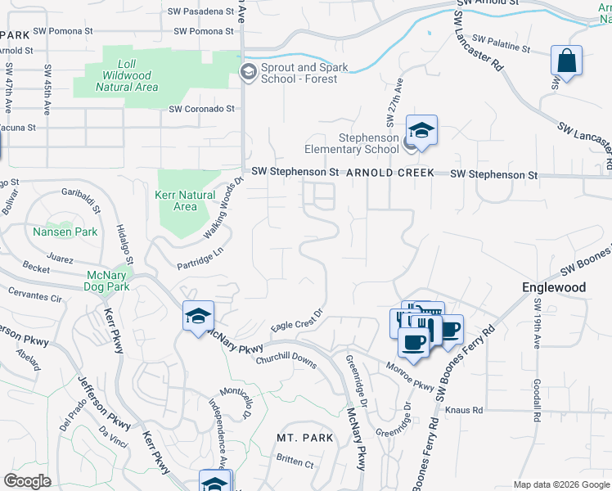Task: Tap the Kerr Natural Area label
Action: pyautogui.click(x=185, y=200)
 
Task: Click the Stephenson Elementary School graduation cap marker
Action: pyautogui.click(x=421, y=131)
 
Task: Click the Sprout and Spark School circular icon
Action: pyautogui.click(x=248, y=73)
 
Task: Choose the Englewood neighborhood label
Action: pyautogui.click(x=554, y=287)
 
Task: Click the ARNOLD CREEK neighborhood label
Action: pyautogui.click(x=389, y=174)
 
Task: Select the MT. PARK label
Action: pyautogui.click(x=305, y=438)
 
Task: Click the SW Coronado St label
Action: pyautogui.click(x=201, y=108)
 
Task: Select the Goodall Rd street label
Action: pyautogui.click(x=537, y=401)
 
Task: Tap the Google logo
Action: pyautogui.click(x=26, y=481)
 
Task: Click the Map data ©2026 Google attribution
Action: pyautogui.click(x=560, y=484)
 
